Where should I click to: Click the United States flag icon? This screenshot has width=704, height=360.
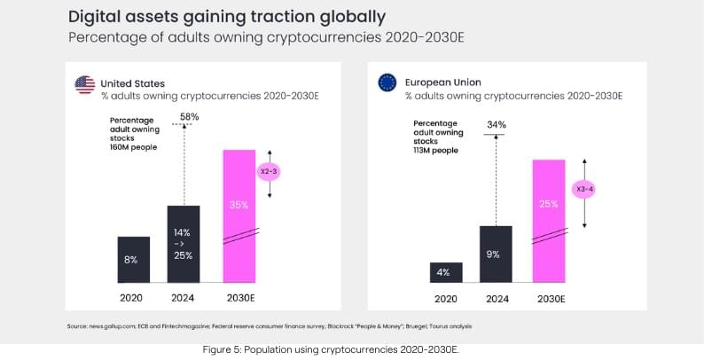[x=85, y=85]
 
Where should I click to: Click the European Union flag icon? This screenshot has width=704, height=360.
[x=387, y=83]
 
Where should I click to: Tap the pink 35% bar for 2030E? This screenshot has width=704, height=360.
[x=239, y=217]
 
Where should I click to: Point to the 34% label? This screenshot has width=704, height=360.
[x=497, y=125]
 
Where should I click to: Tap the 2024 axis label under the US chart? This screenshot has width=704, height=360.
[x=184, y=297]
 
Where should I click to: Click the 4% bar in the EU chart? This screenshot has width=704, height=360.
[x=445, y=273]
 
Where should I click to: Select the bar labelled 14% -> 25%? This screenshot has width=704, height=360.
[x=184, y=244]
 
